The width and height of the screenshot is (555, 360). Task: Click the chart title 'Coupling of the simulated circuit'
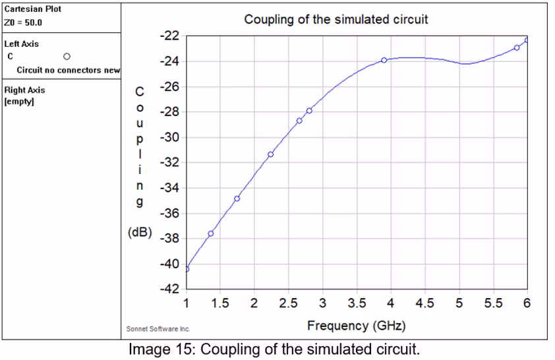tap(336, 19)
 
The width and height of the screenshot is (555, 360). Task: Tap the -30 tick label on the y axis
tap(171, 138)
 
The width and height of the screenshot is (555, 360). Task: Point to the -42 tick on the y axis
tap(171, 289)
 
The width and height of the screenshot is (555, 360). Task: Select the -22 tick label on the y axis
tap(171, 36)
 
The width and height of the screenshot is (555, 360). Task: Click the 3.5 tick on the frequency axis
tap(357, 303)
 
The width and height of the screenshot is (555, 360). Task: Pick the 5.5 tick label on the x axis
tap(493, 303)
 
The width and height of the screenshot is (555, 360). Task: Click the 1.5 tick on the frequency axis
tap(220, 303)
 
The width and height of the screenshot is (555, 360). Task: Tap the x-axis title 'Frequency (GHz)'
tap(356, 326)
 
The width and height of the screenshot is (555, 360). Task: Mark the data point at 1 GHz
tap(187, 269)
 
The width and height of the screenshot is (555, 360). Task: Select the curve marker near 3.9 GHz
tap(384, 60)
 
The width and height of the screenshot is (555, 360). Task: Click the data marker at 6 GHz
tap(527, 40)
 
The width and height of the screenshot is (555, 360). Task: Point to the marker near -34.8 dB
tap(237, 198)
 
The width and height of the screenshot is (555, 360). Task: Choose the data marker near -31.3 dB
tap(271, 154)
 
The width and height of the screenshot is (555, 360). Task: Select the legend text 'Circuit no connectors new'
tap(69, 70)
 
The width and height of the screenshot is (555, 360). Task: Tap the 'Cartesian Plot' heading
tap(32, 9)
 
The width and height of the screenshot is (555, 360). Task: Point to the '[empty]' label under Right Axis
tap(19, 102)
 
